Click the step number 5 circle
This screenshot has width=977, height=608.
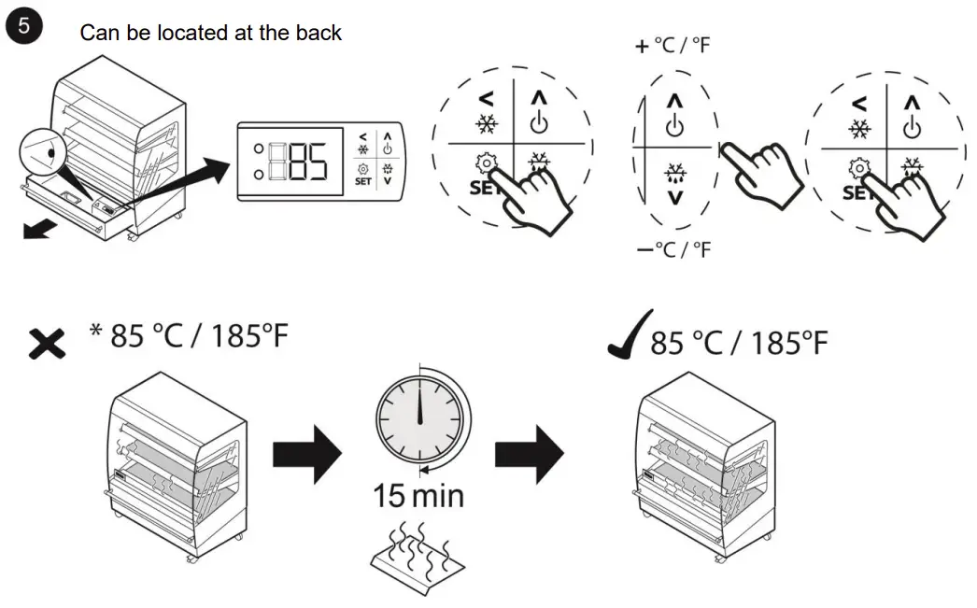click(23, 26)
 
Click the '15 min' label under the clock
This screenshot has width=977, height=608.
click(418, 495)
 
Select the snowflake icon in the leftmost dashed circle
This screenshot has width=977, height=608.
click(487, 123)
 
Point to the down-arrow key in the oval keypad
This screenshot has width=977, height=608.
click(674, 197)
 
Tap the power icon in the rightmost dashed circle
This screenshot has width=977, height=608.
click(913, 125)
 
